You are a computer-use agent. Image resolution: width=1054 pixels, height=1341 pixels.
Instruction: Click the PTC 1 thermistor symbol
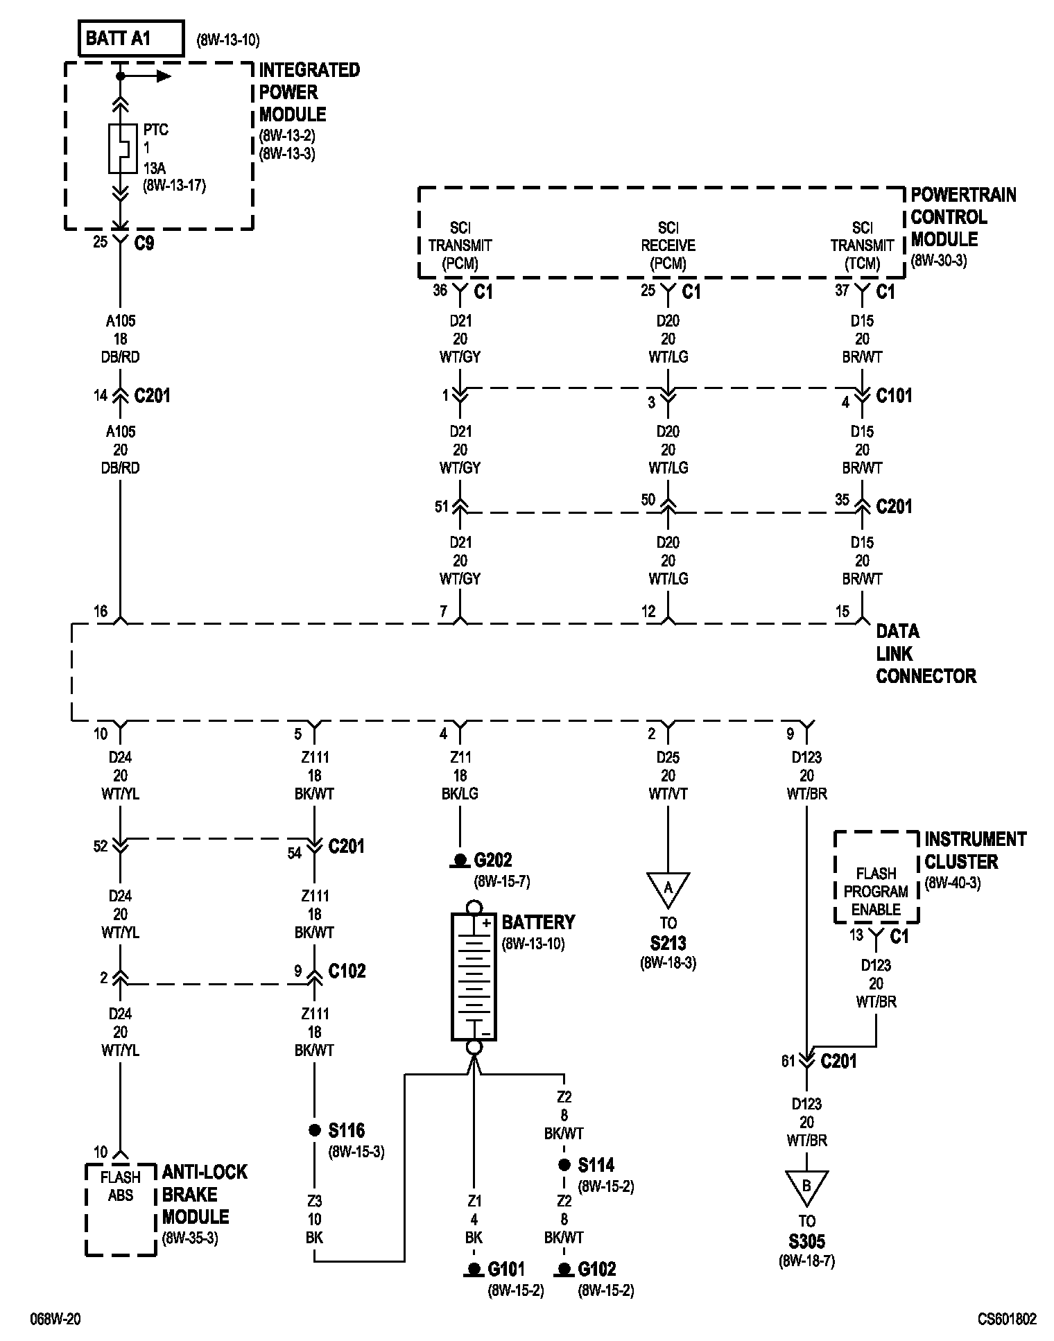click(x=121, y=148)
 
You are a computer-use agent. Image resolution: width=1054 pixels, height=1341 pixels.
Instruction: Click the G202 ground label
click(x=492, y=860)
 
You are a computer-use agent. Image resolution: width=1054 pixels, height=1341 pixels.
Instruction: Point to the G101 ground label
click(x=506, y=1270)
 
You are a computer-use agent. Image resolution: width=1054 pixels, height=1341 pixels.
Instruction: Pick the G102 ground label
click(x=596, y=1270)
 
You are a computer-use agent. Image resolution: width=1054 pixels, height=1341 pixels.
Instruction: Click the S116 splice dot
click(x=314, y=1131)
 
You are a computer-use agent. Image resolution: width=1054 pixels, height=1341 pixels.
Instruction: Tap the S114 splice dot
click(x=564, y=1166)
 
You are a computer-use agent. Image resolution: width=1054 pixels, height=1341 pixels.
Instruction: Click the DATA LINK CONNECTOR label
click(x=925, y=653)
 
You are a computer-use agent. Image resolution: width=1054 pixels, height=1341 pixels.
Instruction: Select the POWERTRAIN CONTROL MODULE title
click(x=962, y=217)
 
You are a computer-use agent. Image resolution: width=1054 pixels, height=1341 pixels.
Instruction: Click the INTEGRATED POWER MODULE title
click(x=309, y=92)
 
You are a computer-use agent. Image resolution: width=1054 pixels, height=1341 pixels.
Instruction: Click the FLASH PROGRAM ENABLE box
click(x=876, y=891)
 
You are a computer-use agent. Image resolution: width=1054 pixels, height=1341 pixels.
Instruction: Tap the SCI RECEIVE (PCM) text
click(x=668, y=245)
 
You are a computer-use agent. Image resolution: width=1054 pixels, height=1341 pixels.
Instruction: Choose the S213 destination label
click(x=668, y=943)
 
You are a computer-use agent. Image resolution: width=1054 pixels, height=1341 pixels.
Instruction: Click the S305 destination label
click(x=807, y=1241)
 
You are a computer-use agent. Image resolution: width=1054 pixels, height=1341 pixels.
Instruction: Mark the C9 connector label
click(x=144, y=244)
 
